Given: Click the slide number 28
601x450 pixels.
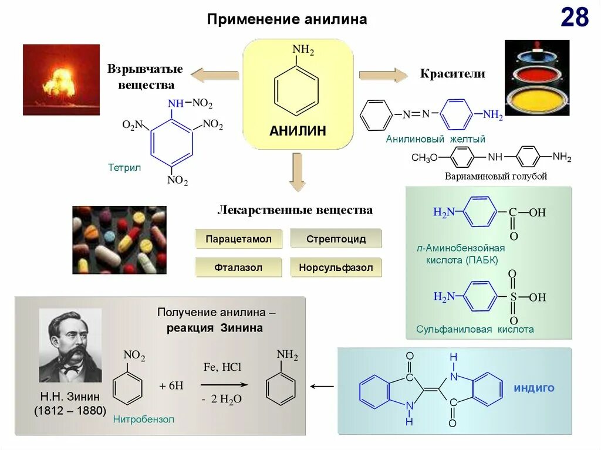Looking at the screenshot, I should (574, 18).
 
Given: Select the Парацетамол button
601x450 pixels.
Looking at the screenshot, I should (238, 239).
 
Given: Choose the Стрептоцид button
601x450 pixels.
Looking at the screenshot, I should (336, 239).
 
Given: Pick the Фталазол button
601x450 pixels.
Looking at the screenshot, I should (238, 268).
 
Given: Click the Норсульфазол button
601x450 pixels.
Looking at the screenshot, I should (336, 268).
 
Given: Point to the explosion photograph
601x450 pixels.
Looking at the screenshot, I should (61, 79).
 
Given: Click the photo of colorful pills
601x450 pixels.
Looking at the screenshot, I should (119, 239).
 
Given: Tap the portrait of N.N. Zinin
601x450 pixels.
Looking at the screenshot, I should (70, 346).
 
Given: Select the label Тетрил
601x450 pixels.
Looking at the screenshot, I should (124, 167).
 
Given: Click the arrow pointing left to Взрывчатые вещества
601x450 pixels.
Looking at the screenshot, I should (214, 75).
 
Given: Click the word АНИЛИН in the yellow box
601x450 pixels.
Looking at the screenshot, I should (298, 131).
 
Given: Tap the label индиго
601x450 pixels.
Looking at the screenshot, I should (534, 388).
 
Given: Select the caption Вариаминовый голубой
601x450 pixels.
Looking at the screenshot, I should (496, 176).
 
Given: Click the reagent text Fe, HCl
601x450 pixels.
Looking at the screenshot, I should (222, 367).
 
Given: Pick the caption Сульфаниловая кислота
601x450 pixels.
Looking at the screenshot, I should (475, 330).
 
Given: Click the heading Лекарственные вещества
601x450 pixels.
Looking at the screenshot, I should (295, 210).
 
